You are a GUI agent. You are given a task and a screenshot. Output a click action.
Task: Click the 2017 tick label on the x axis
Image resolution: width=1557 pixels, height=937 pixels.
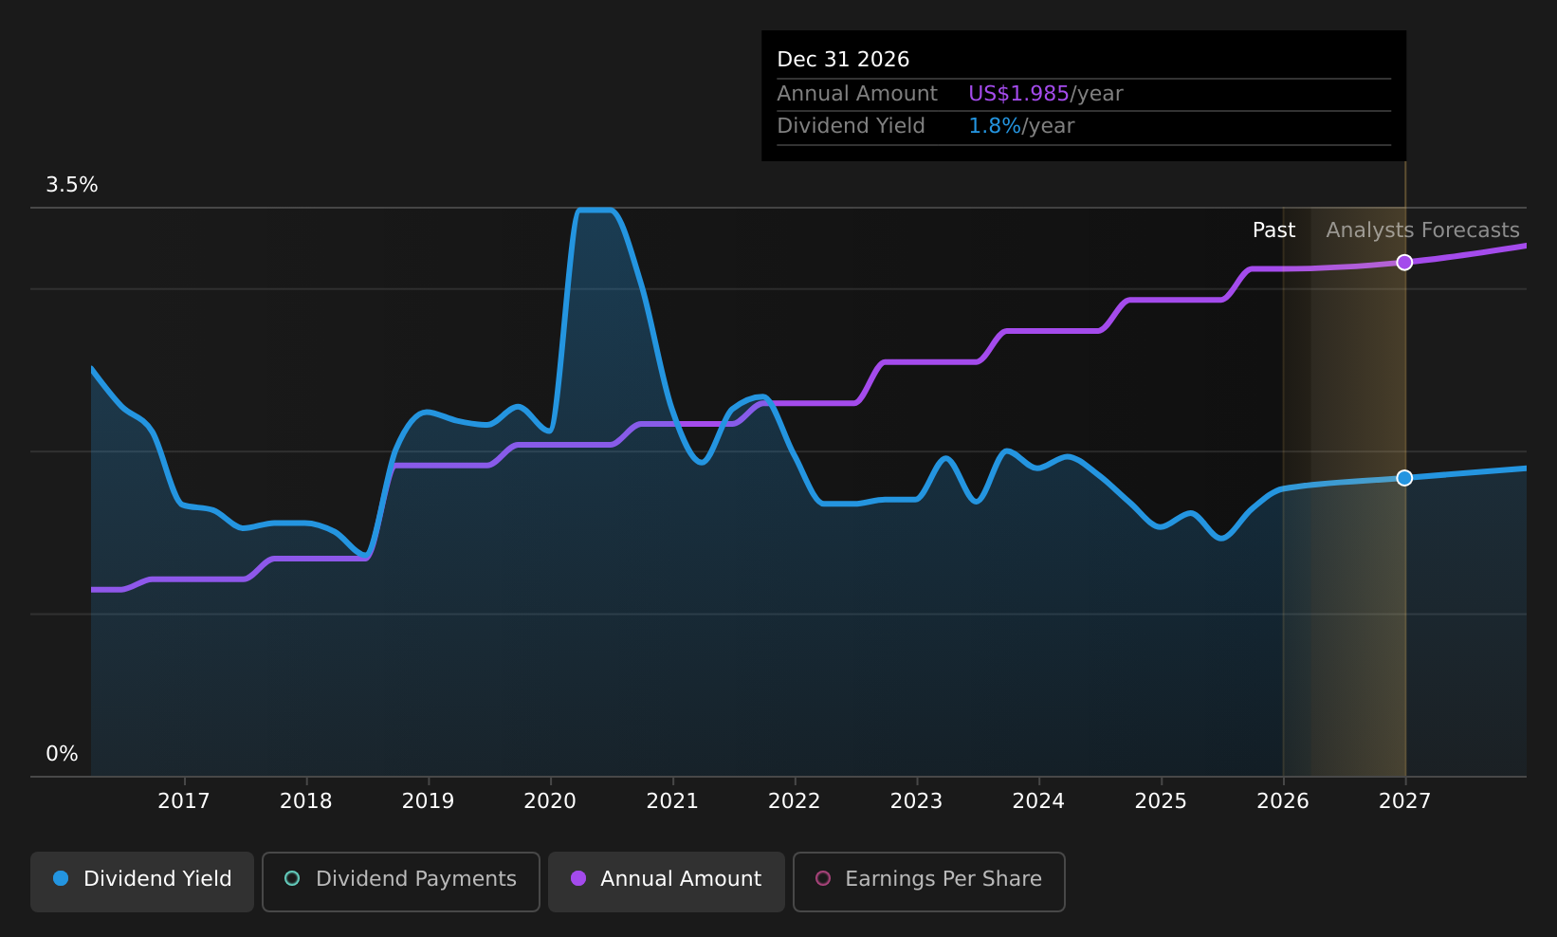pyautogui.click(x=183, y=801)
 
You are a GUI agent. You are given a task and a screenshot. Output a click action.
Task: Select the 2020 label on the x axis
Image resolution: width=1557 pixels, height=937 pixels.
pyautogui.click(x=550, y=801)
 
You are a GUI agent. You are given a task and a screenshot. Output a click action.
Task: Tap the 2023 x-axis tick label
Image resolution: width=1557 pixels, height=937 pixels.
pyautogui.click(x=916, y=801)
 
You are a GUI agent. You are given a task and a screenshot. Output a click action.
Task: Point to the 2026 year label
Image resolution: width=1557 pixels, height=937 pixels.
pyautogui.click(x=1282, y=801)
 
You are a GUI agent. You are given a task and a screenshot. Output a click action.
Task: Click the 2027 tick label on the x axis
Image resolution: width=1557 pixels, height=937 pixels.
pyautogui.click(x=1404, y=801)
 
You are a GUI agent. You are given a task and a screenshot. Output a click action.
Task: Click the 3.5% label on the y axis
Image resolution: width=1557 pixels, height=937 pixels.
pyautogui.click(x=72, y=185)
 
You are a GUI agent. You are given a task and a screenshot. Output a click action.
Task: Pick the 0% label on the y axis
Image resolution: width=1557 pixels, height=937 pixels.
pyautogui.click(x=62, y=754)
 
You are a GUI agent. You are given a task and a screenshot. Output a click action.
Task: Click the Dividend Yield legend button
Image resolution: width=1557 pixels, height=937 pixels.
pyautogui.click(x=142, y=879)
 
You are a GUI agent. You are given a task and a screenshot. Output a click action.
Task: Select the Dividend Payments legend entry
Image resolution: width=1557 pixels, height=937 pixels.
pyautogui.click(x=401, y=879)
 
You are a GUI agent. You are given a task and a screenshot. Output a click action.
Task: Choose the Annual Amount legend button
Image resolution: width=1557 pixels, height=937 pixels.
pyautogui.click(x=667, y=879)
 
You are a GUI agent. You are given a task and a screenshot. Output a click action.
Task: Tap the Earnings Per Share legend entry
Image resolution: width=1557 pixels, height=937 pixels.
pyautogui.click(x=929, y=879)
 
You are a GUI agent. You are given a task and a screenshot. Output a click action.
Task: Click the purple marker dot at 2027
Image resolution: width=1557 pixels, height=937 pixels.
pyautogui.click(x=1404, y=263)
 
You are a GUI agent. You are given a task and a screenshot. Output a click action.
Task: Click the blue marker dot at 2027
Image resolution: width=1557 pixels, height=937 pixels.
pyautogui.click(x=1404, y=478)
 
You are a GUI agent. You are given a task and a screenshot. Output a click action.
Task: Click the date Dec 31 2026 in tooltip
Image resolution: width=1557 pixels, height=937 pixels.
pyautogui.click(x=843, y=60)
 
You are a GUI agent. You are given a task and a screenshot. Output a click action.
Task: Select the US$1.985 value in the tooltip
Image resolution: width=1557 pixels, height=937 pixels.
pyautogui.click(x=1018, y=94)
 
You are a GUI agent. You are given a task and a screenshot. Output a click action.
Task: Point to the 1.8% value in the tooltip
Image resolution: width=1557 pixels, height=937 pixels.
pyautogui.click(x=995, y=126)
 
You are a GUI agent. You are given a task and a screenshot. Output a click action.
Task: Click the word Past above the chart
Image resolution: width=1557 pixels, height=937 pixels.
pyautogui.click(x=1273, y=230)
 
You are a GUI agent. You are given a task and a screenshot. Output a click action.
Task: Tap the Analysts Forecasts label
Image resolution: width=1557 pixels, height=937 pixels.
pyautogui.click(x=1422, y=230)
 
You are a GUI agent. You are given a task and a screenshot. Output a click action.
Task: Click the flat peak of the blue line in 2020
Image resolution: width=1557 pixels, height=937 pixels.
pyautogui.click(x=595, y=211)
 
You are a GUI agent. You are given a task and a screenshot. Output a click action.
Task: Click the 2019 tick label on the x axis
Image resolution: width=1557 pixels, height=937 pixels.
pyautogui.click(x=428, y=801)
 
